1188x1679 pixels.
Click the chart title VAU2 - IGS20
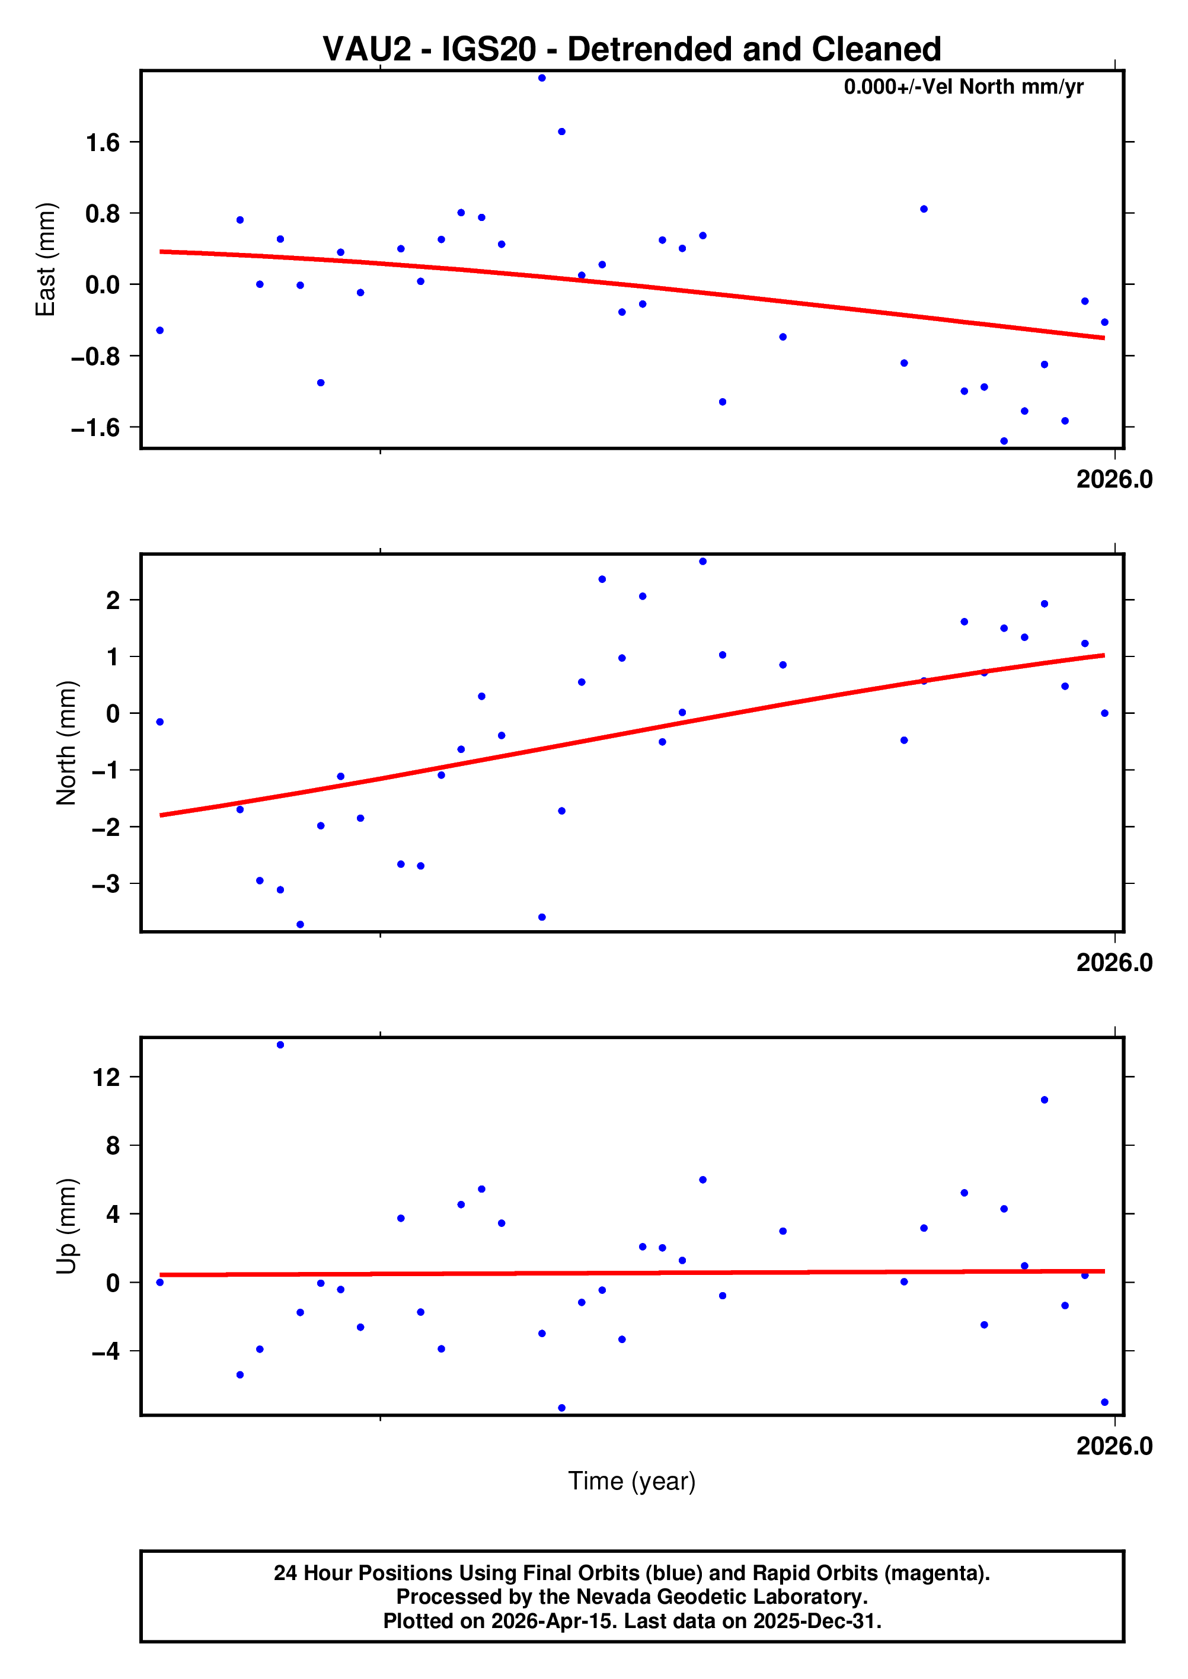631,50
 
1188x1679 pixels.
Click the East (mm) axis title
46,259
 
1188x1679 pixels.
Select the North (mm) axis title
66,743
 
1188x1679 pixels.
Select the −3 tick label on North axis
106,884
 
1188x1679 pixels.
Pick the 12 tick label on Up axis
106,1077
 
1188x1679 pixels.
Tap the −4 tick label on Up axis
106,1351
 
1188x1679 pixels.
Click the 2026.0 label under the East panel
1113,480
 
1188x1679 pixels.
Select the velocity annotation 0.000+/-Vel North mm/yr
963,87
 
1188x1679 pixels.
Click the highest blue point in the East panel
542,78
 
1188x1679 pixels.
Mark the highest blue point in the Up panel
280,1045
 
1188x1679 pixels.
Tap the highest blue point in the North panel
702,562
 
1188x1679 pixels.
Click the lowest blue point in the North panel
300,925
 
